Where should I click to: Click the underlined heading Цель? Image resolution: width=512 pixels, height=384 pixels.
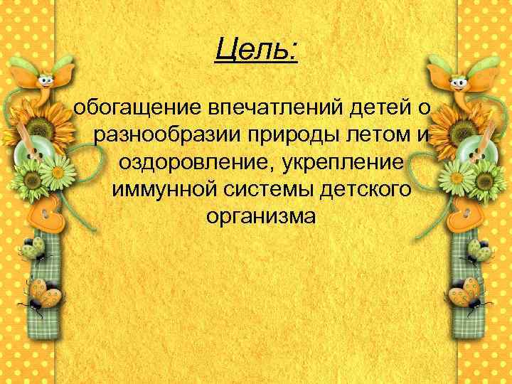tap(257, 50)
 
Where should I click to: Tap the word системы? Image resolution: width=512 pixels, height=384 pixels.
tap(269, 190)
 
